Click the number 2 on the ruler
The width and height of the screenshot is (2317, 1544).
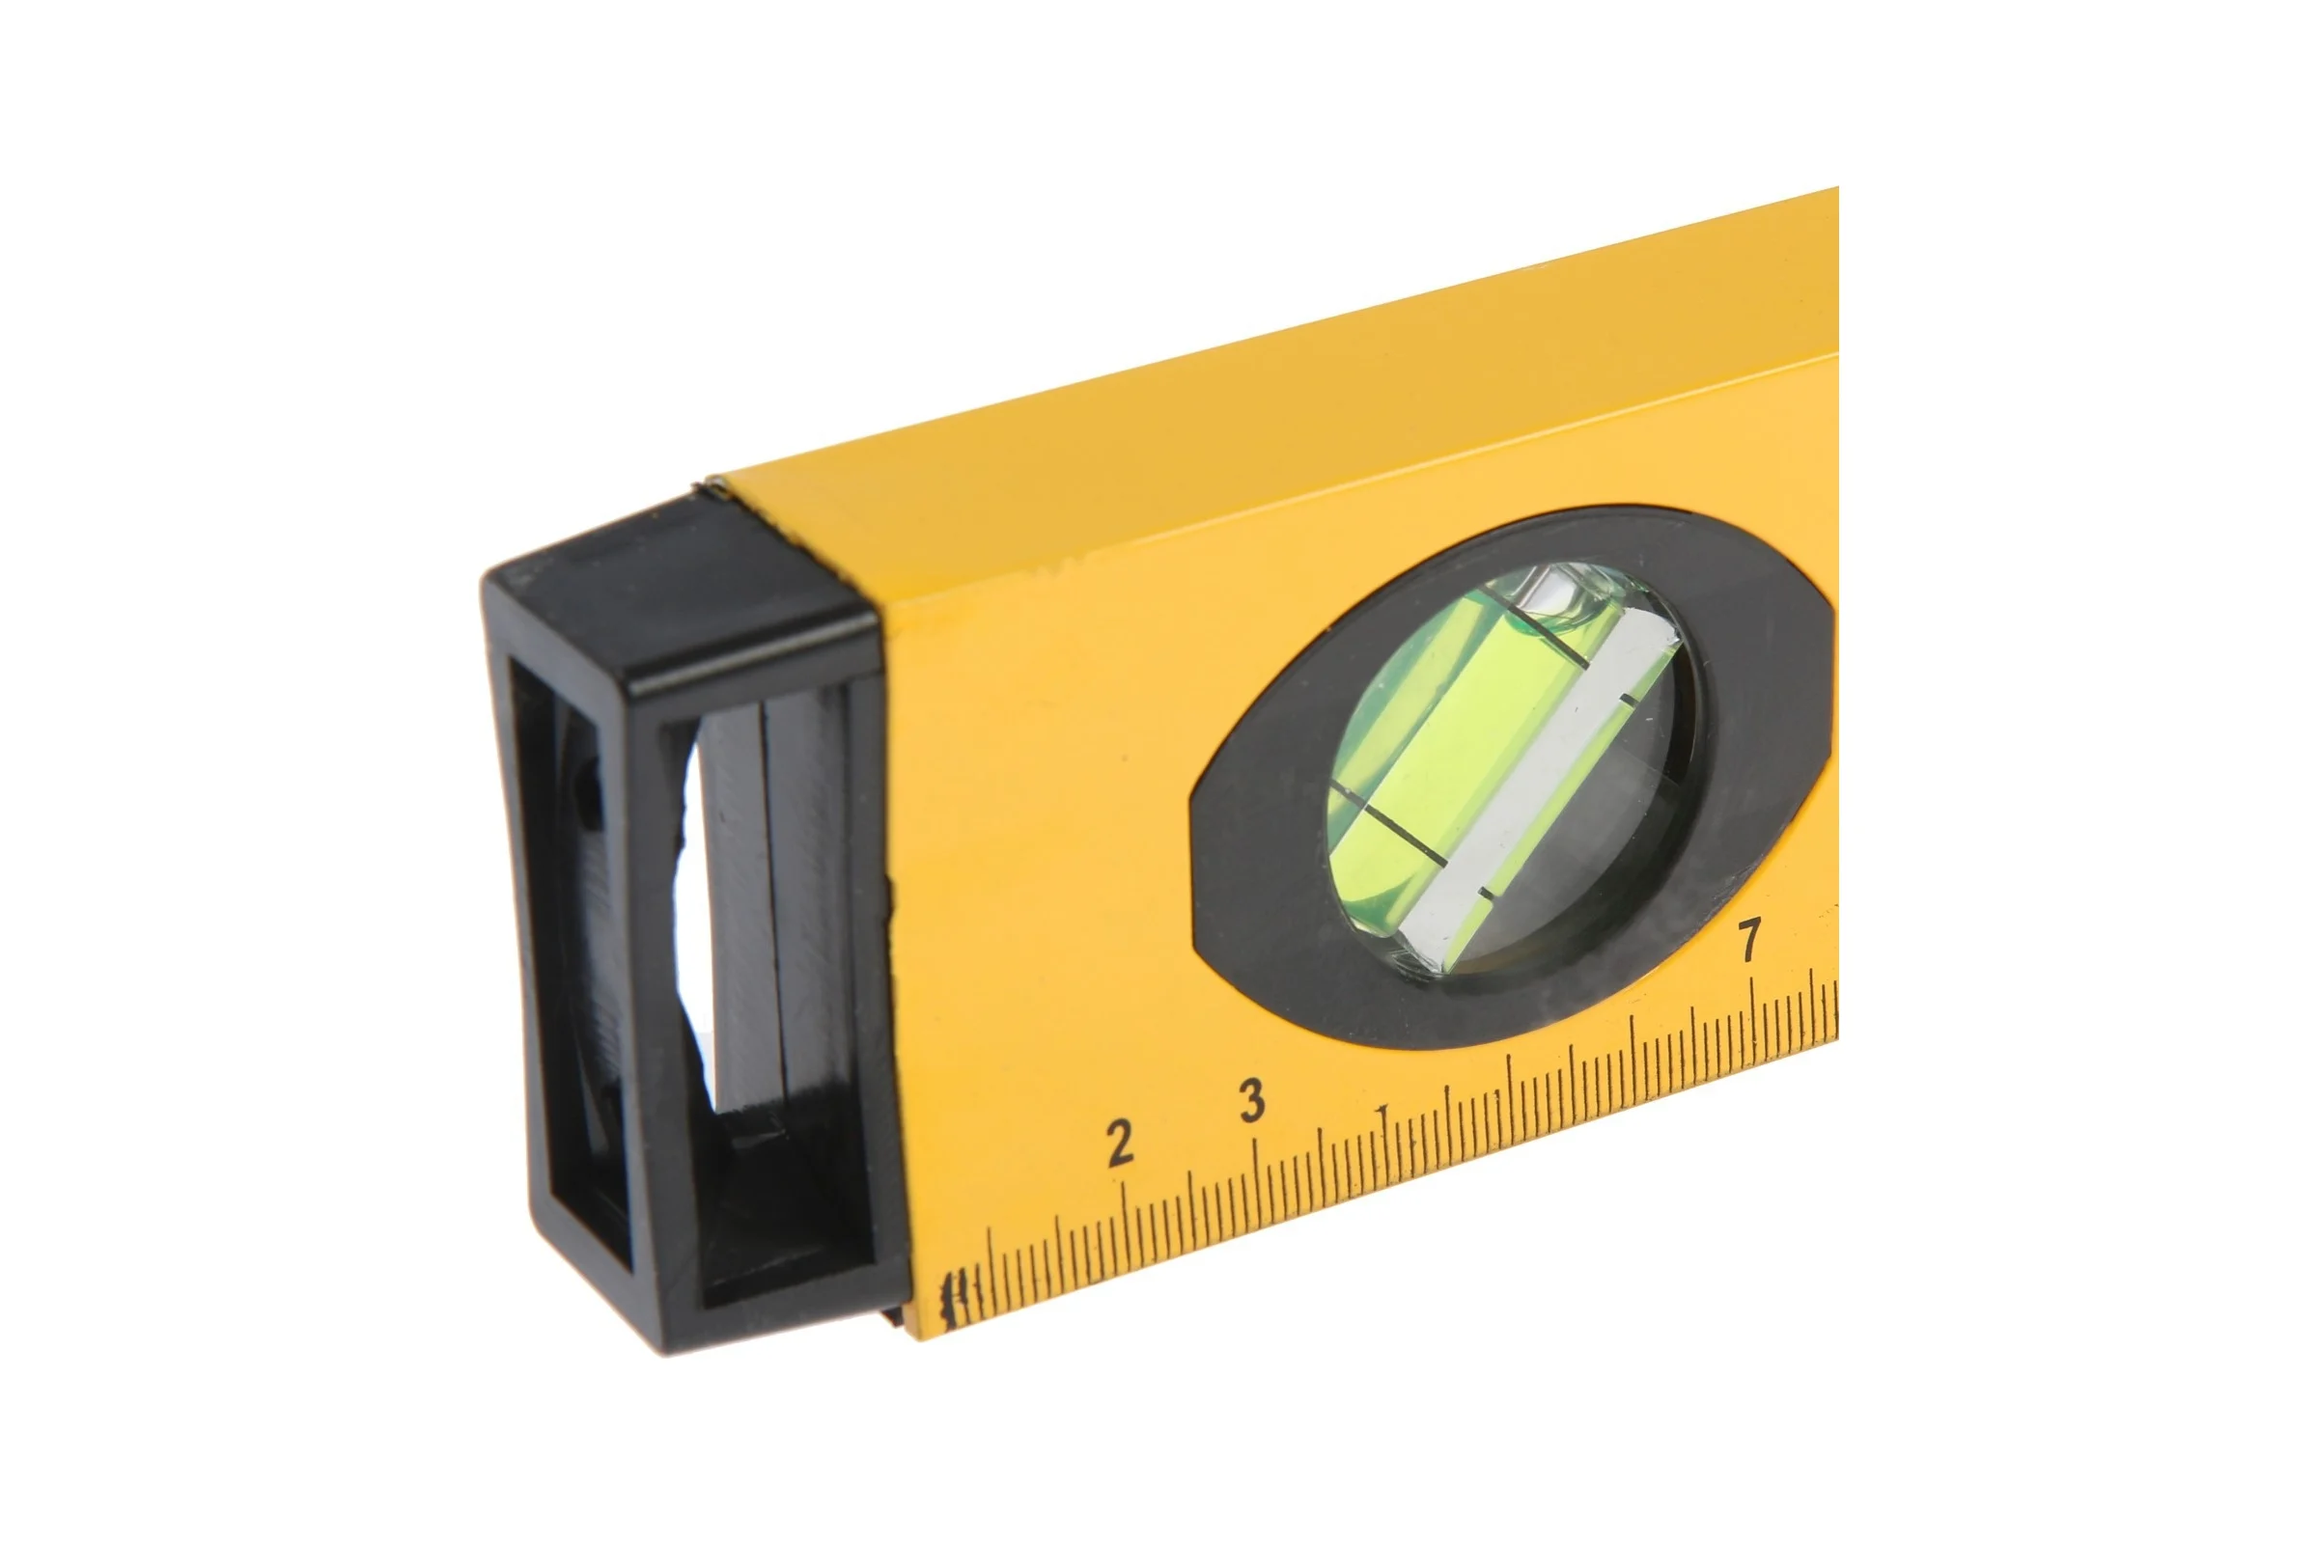tap(1120, 1144)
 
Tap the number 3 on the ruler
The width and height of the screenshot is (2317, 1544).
tap(1252, 1100)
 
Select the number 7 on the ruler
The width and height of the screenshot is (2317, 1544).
tap(1749, 939)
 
